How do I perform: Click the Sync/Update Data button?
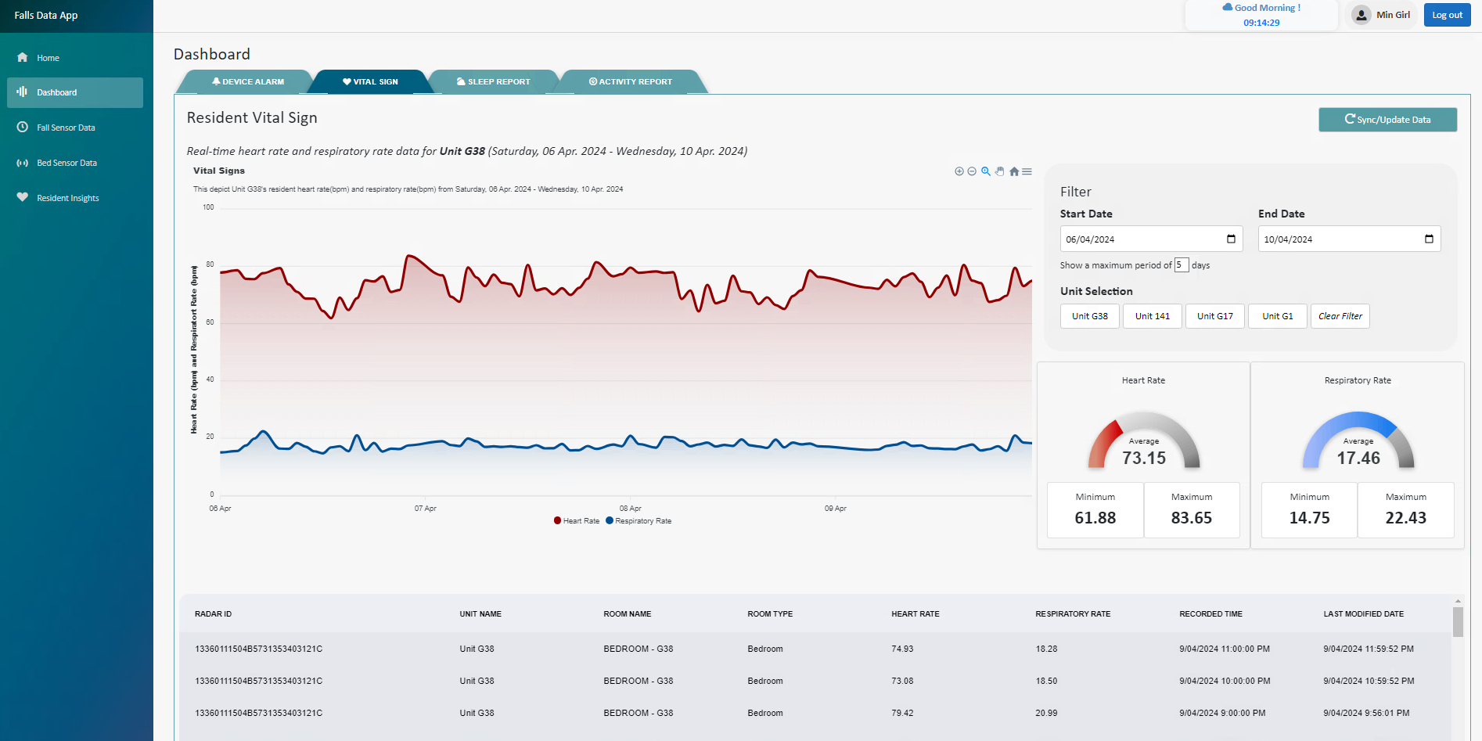1387,120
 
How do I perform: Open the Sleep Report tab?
494,81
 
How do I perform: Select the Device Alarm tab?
248,81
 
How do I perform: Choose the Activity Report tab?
631,81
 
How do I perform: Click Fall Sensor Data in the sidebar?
66,128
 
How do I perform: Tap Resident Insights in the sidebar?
67,198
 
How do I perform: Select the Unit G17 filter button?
1214,316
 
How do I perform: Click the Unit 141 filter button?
1152,316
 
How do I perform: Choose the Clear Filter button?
1340,316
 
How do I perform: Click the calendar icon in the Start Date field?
1231,239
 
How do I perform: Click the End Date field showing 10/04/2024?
1338,239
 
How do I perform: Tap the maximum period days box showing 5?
1181,265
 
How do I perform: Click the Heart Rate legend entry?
577,521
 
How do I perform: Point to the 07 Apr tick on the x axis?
425,509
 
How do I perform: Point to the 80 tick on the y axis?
210,264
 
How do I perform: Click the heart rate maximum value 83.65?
1191,518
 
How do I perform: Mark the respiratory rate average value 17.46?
1358,459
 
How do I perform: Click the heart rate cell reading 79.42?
902,713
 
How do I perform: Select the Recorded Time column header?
1210,614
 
